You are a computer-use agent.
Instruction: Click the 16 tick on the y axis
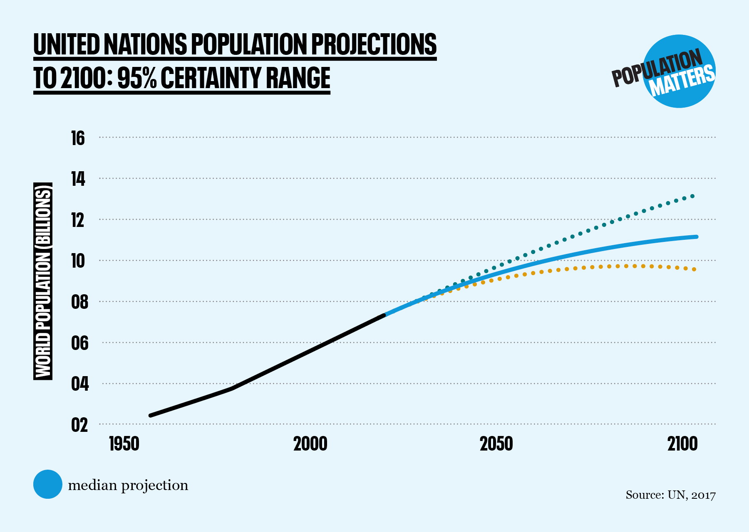[78, 138]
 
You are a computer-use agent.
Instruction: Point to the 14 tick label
[78, 179]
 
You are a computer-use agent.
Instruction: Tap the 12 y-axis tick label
[78, 220]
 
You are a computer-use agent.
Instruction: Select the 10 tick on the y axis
[78, 261]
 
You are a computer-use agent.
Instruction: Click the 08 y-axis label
[79, 302]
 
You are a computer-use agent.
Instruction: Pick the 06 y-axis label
[79, 343]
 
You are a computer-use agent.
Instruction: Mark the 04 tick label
[79, 384]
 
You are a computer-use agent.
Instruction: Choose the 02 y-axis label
[79, 425]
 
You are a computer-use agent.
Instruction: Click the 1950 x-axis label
[124, 444]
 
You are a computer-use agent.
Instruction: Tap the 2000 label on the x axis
[310, 444]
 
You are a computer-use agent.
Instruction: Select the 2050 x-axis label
[496, 444]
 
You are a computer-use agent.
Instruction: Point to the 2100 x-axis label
[682, 444]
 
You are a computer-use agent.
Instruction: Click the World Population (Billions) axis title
[43, 281]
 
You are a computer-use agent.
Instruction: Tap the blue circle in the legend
[48, 484]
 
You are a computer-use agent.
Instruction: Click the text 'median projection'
[128, 485]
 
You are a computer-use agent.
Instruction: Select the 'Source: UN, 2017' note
[670, 495]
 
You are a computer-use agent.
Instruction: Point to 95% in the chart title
[136, 78]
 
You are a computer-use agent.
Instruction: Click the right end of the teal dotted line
[692, 196]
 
